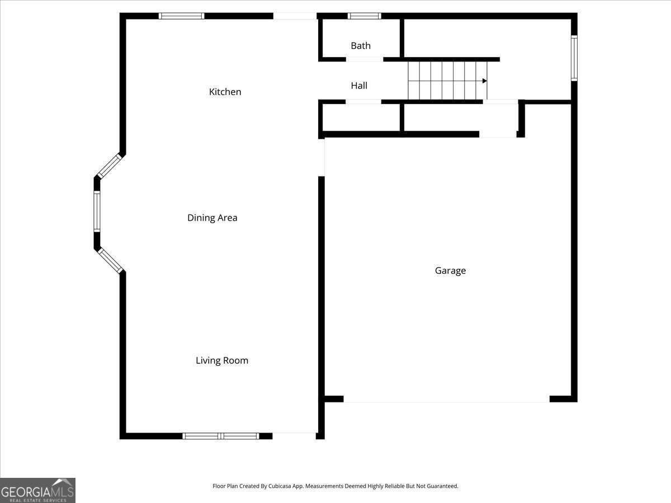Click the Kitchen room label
[x=225, y=92]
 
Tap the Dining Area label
[x=212, y=218]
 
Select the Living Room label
[x=221, y=360]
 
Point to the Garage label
[x=450, y=271]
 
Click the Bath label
[x=360, y=46]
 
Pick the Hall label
[x=359, y=86]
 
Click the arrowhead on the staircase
[x=484, y=81]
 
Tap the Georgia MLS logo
[x=37, y=490]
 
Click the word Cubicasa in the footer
[x=281, y=486]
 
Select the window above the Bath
[x=364, y=16]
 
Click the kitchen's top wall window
[x=181, y=16]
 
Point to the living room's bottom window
[x=221, y=436]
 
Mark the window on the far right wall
[x=574, y=58]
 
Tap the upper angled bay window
[x=109, y=166]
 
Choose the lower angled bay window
[x=110, y=260]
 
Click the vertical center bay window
[x=97, y=211]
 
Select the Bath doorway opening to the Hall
[x=364, y=59]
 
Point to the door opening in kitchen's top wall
[x=295, y=16]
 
